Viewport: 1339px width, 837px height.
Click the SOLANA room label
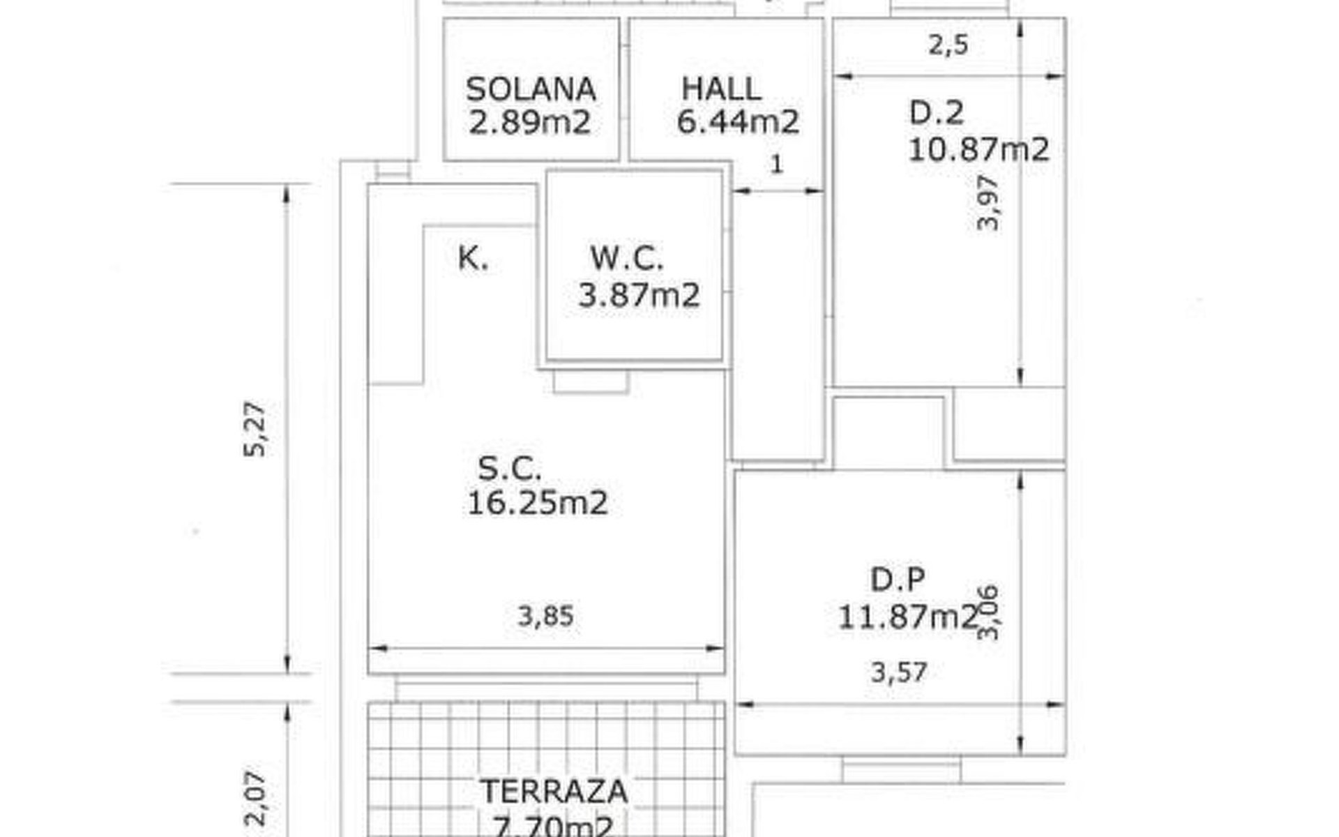[531, 89]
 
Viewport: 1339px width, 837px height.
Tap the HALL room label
[721, 89]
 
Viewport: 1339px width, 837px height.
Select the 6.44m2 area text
[738, 122]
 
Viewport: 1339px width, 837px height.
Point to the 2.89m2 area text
[529, 123]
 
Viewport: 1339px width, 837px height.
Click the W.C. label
[627, 258]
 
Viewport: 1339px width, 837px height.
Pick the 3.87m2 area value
[639, 295]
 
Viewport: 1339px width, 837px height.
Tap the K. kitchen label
[474, 258]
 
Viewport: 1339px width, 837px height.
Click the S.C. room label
[510, 468]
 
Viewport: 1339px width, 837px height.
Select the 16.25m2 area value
[537, 502]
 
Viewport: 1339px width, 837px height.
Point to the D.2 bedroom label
[937, 113]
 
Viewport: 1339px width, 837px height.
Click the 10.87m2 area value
[978, 149]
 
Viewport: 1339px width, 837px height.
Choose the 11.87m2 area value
[907, 617]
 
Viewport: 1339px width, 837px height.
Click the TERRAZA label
[554, 792]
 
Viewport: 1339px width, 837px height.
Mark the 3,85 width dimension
[545, 617]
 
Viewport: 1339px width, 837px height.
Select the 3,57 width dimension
[899, 672]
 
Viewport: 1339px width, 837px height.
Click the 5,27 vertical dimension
[255, 429]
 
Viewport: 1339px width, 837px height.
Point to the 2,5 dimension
[948, 45]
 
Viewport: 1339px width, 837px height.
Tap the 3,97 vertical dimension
[989, 202]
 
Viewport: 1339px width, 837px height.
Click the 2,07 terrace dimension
[255, 798]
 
